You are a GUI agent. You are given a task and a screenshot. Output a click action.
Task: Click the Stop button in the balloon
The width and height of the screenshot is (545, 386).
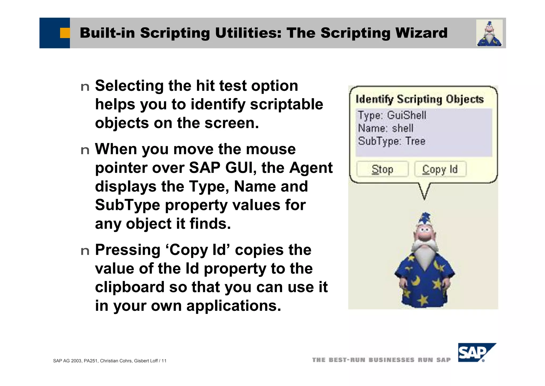pyautogui.click(x=382, y=169)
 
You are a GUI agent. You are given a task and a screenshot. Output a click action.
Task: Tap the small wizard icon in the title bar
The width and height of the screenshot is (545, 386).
pyautogui.click(x=489, y=33)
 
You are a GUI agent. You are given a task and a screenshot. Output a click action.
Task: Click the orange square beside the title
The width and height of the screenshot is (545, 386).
pyautogui.click(x=65, y=33)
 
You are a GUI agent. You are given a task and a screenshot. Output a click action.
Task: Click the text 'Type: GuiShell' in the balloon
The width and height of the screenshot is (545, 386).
pyautogui.click(x=392, y=115)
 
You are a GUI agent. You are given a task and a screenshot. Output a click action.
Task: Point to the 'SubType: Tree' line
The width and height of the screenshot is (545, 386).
pyautogui.click(x=391, y=141)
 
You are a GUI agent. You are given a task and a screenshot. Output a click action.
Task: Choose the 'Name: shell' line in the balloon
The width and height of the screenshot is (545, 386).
pyautogui.click(x=386, y=128)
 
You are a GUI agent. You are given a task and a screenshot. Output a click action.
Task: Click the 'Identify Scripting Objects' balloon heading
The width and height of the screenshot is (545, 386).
pyautogui.click(x=419, y=99)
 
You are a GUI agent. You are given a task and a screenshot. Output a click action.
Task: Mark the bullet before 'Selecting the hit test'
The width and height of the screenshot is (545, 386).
pyautogui.click(x=85, y=87)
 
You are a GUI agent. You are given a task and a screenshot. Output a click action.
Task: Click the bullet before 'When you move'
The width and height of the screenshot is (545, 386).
pyautogui.click(x=85, y=150)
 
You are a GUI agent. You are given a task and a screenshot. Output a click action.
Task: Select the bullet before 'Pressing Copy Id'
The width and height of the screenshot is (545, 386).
pyautogui.click(x=85, y=251)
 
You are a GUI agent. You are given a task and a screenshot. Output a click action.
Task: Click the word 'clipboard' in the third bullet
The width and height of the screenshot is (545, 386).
pyautogui.click(x=130, y=287)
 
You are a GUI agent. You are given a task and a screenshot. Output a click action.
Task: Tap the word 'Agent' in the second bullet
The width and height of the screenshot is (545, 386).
pyautogui.click(x=311, y=168)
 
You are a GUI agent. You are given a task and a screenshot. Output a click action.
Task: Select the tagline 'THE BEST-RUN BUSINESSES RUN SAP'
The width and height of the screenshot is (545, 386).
pyautogui.click(x=381, y=360)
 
